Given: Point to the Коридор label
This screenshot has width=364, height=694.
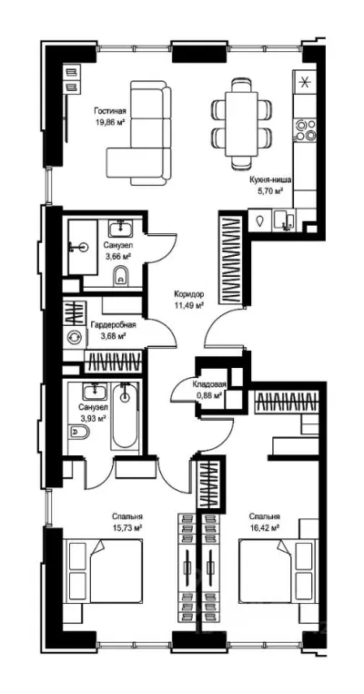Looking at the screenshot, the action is pyautogui.click(x=188, y=294).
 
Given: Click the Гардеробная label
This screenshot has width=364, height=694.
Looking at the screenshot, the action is pyautogui.click(x=113, y=325).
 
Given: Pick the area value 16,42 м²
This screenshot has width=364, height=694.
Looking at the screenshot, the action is pyautogui.click(x=264, y=527).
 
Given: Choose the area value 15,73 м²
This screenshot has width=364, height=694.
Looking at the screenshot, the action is pyautogui.click(x=127, y=527).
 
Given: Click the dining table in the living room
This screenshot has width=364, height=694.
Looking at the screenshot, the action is pyautogui.click(x=241, y=125).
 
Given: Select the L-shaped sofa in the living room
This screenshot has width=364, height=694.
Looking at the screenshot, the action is pyautogui.click(x=139, y=133).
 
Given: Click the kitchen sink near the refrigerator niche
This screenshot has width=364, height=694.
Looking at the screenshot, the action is pyautogui.click(x=284, y=219).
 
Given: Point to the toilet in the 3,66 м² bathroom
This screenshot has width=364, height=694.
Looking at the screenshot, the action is pyautogui.click(x=121, y=277).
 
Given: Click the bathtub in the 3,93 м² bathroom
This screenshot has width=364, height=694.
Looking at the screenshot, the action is pyautogui.click(x=125, y=415).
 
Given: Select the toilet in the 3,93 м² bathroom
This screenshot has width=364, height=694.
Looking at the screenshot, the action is pyautogui.click(x=79, y=430).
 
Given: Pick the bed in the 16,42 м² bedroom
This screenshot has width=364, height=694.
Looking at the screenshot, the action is pyautogui.click(x=278, y=571).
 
